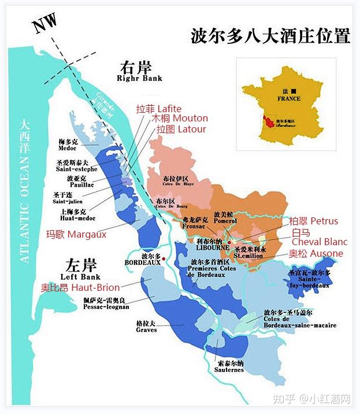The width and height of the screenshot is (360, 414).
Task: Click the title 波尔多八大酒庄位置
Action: pos(270,36)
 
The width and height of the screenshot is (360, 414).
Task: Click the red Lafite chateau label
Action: pos(158,109)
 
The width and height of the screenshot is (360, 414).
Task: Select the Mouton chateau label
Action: pos(179,119)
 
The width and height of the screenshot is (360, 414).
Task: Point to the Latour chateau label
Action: pos(181,129)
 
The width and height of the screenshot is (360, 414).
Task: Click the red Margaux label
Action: pos(76,234)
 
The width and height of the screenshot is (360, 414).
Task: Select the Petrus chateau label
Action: pos(313,221)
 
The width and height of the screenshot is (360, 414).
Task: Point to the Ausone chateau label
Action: pos(316,253)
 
